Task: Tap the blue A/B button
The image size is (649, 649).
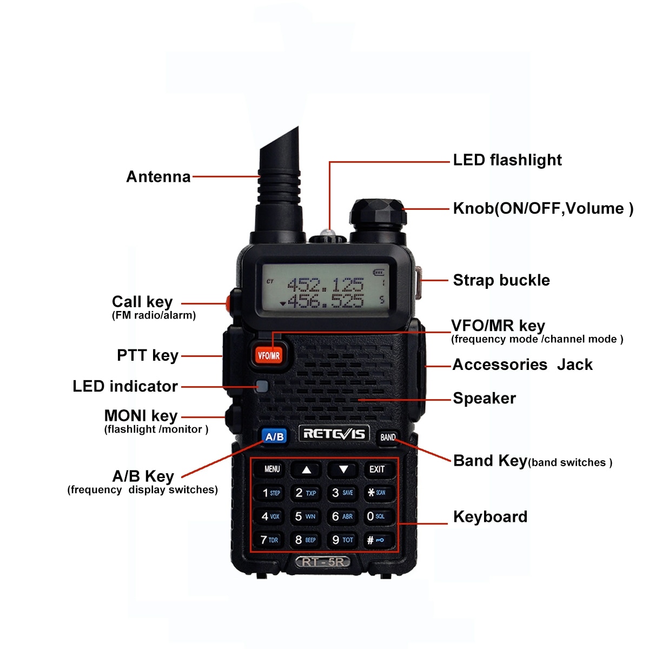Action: coord(274,436)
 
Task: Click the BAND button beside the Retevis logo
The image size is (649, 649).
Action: coord(387,437)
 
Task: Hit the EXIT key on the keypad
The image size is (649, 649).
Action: coord(377,469)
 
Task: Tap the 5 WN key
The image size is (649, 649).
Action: coord(306,516)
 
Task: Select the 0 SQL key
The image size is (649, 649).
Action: coord(376,516)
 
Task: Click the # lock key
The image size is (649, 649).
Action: coord(376,540)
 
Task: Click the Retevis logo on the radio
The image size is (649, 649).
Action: coord(334,434)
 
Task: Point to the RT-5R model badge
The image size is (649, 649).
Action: coord(323,562)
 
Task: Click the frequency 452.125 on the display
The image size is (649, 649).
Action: coord(325,284)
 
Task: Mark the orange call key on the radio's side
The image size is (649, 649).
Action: coord(229,303)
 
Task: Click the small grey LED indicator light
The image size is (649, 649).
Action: coord(262,386)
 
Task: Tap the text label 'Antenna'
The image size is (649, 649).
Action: coord(158,177)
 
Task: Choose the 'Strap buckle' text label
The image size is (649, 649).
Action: coord(501,280)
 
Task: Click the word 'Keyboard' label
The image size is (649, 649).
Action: coord(490,516)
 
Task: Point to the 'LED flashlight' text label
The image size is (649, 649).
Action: coord(507,160)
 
